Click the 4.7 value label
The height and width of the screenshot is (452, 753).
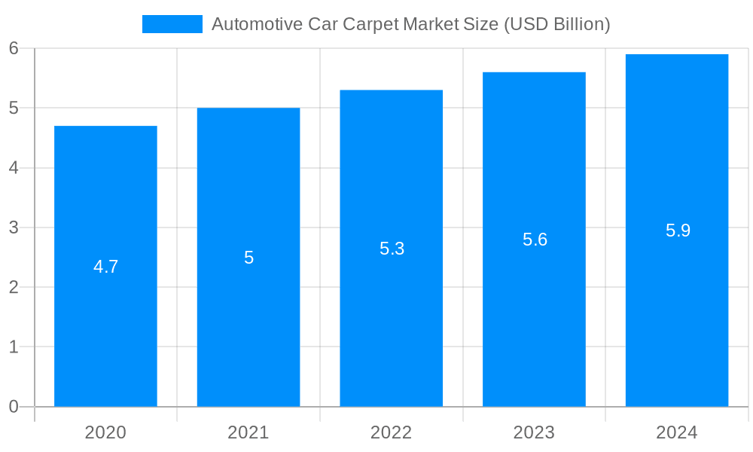pyautogui.click(x=105, y=267)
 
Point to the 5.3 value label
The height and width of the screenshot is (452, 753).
pyautogui.click(x=392, y=249)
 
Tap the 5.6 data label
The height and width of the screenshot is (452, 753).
pyautogui.click(x=535, y=240)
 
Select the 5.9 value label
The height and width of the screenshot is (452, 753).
pyautogui.click(x=678, y=231)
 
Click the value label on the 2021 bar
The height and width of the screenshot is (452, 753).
pyautogui.click(x=248, y=258)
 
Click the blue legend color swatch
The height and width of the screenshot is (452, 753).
pyautogui.click(x=172, y=24)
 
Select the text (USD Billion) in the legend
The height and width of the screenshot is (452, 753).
pyautogui.click(x=556, y=25)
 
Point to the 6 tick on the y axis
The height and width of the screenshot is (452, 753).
pyautogui.click(x=14, y=48)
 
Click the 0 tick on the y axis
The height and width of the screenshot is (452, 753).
pyautogui.click(x=14, y=407)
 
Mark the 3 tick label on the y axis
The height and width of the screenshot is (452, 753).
pyautogui.click(x=14, y=228)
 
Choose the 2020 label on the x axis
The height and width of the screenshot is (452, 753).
pyautogui.click(x=105, y=432)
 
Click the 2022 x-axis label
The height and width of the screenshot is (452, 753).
pyautogui.click(x=391, y=432)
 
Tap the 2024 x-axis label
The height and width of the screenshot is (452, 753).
pyautogui.click(x=677, y=432)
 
